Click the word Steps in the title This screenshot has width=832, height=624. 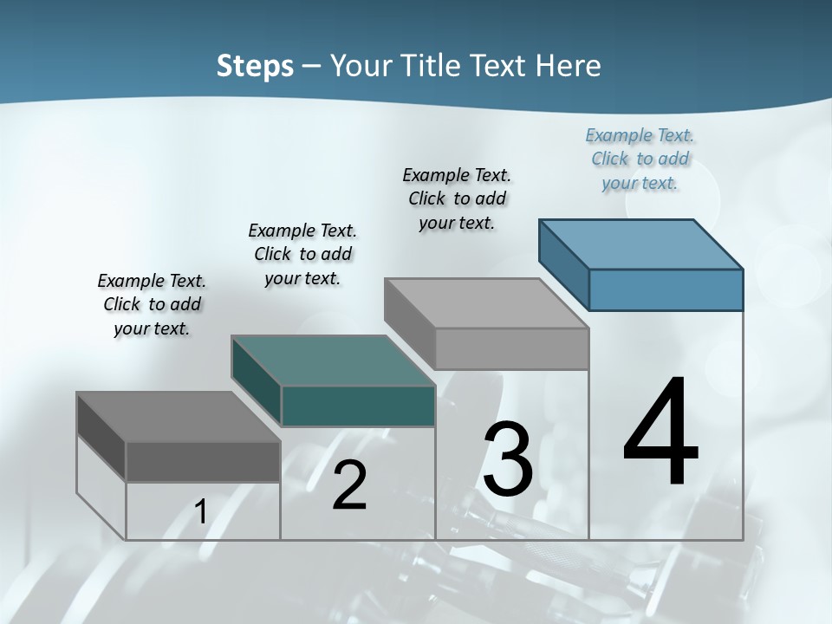pos(255,66)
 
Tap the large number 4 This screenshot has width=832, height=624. pos(660,432)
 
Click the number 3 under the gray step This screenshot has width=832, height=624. pos(508,459)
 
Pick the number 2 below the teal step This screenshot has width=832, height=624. pos(349,485)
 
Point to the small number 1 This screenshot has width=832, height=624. pos(201,512)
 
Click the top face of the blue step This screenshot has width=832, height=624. pos(641,244)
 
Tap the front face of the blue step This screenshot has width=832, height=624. pos(666,289)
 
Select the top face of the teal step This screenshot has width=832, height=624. pos(334,361)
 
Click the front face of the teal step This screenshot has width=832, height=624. pos(358,406)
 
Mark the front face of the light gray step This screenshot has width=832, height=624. pos(511,348)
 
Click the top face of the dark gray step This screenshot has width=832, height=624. pos(179,417)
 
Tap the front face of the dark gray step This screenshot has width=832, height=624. pos(203,462)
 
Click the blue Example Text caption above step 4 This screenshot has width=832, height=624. pos(640,159)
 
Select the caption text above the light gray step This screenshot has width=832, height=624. pos(457,198)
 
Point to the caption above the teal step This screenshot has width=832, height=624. pos(302,254)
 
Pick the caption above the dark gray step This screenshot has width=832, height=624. pos(152,304)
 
